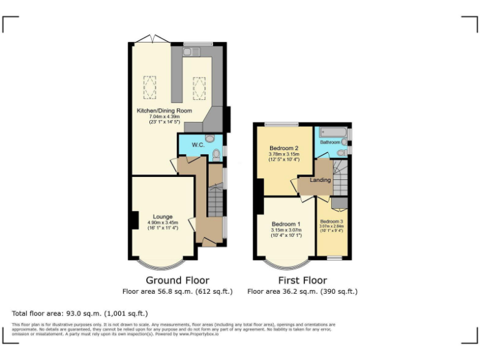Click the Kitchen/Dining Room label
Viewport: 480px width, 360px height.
coord(164,111)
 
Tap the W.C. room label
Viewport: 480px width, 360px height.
coord(198,146)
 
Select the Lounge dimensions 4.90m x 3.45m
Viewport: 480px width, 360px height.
coord(163,222)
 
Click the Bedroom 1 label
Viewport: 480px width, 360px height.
coord(286,224)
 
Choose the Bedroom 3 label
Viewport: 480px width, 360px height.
coord(331,222)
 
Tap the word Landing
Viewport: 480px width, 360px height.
coord(321,181)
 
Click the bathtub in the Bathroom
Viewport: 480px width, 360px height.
coord(331,132)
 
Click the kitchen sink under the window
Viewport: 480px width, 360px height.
coord(189,52)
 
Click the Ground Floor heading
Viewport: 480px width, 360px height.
coord(177,280)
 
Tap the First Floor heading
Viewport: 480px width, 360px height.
coord(302,280)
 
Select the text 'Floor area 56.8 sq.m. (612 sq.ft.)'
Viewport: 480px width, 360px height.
coord(177,291)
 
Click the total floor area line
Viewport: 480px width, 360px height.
coord(80,313)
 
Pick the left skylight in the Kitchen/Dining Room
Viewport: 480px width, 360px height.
coord(150,87)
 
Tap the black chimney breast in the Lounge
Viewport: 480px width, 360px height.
coord(135,221)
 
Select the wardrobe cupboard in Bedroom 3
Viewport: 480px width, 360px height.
coord(339,202)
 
